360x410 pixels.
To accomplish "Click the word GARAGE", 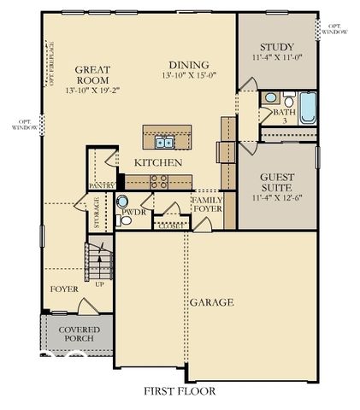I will tap(212, 302).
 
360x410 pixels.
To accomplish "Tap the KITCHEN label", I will tap(156, 162).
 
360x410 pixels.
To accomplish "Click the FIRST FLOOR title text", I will tap(180, 390).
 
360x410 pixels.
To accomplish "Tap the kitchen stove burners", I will tap(158, 180).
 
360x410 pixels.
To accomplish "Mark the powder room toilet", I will tap(127, 220).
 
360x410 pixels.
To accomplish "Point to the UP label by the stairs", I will tap(100, 284).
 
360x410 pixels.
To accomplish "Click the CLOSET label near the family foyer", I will tap(169, 226).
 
